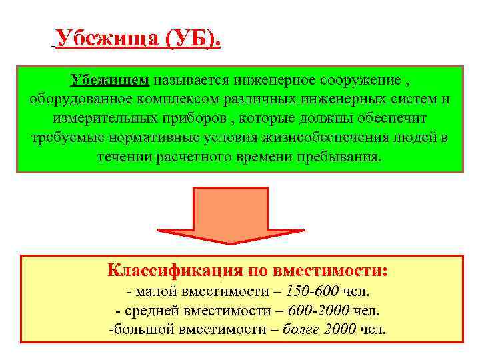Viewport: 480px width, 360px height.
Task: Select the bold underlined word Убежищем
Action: pyautogui.click(x=110, y=81)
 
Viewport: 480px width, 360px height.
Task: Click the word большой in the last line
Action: pyautogui.click(x=139, y=329)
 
